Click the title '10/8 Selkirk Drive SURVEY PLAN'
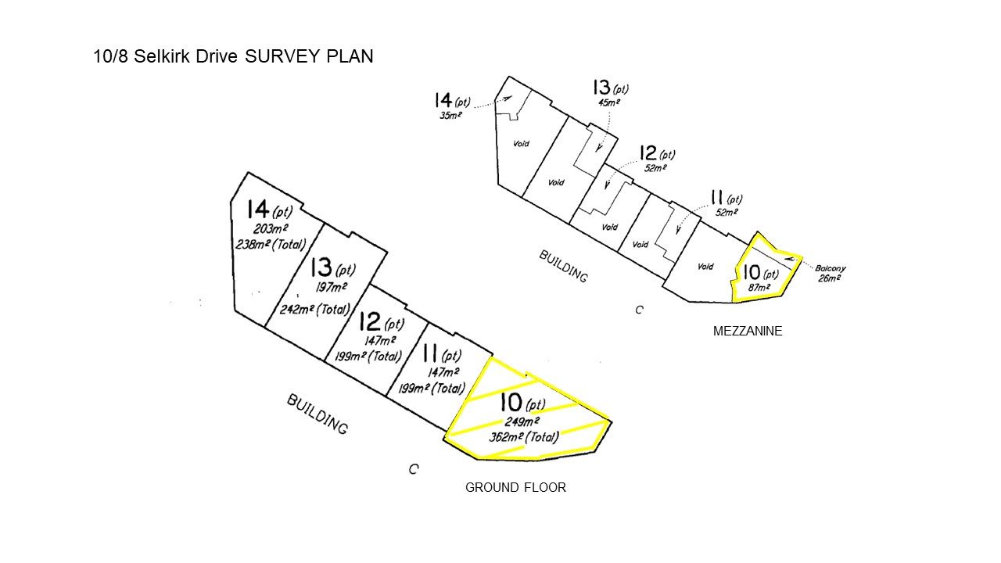(233, 57)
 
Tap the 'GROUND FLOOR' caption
(515, 488)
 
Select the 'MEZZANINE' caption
(748, 332)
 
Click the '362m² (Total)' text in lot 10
(524, 437)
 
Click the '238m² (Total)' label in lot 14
(269, 244)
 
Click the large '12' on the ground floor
(370, 322)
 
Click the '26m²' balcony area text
(828, 278)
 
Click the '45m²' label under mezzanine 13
(608, 102)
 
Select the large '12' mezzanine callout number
(647, 153)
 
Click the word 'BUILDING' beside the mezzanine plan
(563, 266)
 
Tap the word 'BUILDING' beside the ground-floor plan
(317, 414)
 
